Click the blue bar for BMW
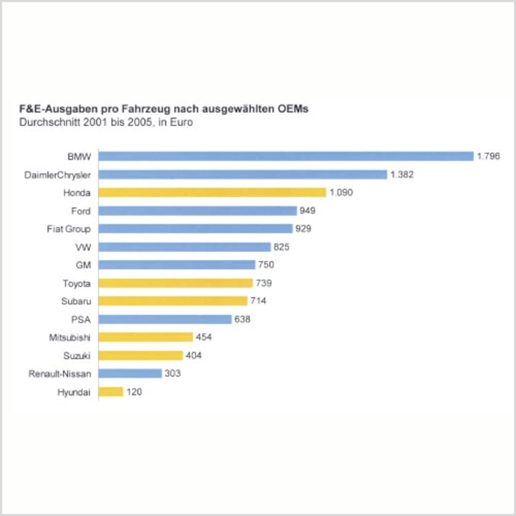click(286, 156)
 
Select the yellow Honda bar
click(212, 192)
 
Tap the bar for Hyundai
click(110, 391)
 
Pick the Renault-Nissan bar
click(130, 373)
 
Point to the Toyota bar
click(175, 283)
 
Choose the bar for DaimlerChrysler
click(243, 174)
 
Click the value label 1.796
click(488, 156)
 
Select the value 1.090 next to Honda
click(341, 192)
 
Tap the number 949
click(307, 210)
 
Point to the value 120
click(134, 392)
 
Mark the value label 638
click(242, 319)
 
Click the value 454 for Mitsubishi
click(204, 337)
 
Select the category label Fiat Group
click(69, 229)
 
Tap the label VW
click(83, 247)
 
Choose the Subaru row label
click(76, 301)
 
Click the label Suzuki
click(77, 356)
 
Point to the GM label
click(83, 265)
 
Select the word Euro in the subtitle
click(181, 122)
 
